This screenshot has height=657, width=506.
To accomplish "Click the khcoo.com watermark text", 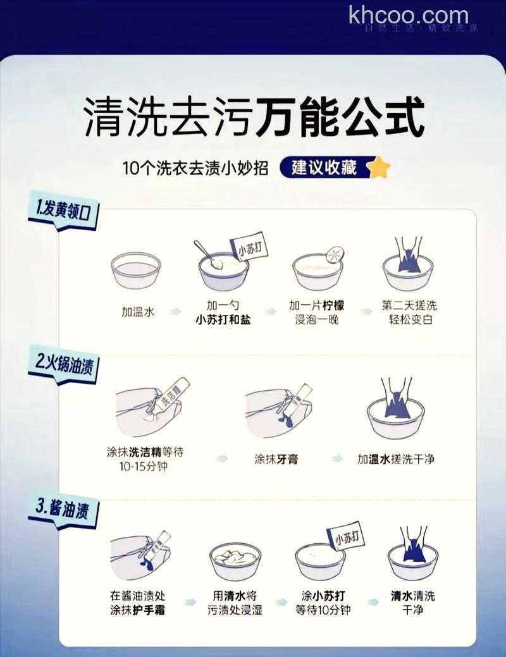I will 409,15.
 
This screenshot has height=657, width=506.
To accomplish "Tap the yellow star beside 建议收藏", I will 379,168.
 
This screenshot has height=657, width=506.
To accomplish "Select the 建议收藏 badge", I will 324,168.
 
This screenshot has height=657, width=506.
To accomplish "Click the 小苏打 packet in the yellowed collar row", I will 249,248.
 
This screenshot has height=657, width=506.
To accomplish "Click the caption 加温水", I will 138,312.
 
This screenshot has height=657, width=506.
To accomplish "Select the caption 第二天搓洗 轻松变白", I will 410,312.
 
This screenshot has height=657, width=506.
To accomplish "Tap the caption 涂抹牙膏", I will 276,459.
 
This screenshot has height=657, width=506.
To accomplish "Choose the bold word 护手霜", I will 151,610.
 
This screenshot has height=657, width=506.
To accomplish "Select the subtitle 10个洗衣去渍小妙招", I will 195,168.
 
